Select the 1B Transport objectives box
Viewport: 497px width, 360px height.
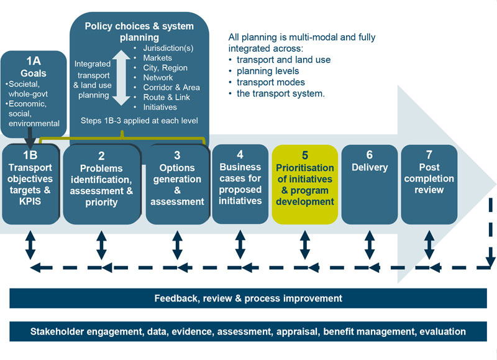click(30, 183)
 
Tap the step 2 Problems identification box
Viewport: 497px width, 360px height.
click(101, 183)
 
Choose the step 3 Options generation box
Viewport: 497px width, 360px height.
click(176, 183)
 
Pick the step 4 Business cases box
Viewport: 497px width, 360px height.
click(240, 183)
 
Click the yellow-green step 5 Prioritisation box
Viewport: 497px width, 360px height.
click(304, 184)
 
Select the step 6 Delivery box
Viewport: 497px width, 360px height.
click(369, 183)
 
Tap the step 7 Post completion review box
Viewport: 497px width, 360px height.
click(429, 183)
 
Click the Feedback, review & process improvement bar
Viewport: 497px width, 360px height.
click(248, 298)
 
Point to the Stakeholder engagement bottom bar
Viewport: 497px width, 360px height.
click(248, 331)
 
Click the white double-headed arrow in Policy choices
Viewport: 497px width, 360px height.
click(122, 78)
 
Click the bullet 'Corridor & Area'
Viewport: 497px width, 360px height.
click(171, 88)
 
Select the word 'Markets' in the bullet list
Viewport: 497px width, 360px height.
click(158, 58)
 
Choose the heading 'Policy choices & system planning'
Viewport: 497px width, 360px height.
click(139, 32)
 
